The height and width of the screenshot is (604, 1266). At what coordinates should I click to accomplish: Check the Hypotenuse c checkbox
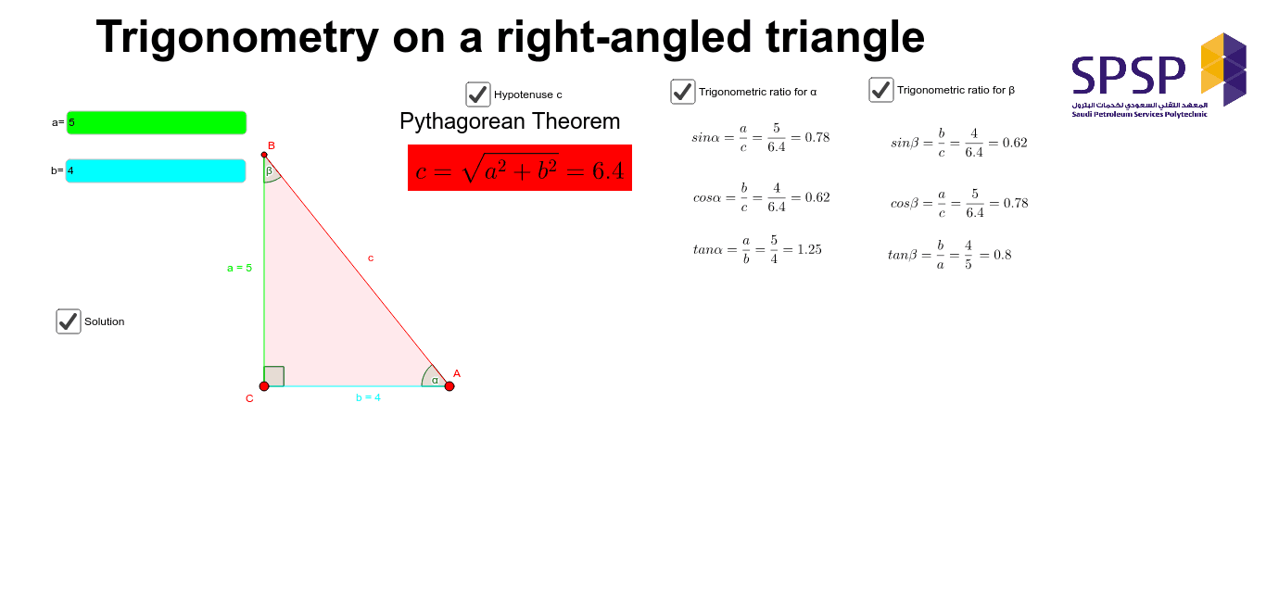click(x=478, y=94)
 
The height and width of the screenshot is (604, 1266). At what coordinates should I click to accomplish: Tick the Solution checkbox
click(x=69, y=321)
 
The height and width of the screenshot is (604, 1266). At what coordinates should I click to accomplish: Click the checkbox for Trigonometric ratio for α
click(x=683, y=92)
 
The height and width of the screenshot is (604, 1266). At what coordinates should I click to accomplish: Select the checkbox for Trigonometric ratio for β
click(x=881, y=90)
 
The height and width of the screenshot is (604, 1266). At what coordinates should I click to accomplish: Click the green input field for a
click(x=156, y=122)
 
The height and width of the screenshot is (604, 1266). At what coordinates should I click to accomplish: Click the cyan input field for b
click(x=156, y=170)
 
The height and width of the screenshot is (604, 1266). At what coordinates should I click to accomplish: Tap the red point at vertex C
click(x=264, y=386)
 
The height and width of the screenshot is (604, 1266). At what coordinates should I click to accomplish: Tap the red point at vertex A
click(x=449, y=386)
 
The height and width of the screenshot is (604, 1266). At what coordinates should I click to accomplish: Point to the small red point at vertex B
click(x=264, y=155)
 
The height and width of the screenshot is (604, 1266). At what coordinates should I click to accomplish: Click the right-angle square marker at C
click(x=274, y=376)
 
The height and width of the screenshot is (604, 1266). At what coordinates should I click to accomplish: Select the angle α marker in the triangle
click(x=433, y=378)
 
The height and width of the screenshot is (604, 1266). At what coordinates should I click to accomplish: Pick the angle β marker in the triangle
click(x=270, y=172)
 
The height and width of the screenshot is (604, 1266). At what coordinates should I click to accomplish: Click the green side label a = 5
click(x=239, y=268)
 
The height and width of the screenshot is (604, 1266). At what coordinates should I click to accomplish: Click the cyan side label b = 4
click(x=368, y=397)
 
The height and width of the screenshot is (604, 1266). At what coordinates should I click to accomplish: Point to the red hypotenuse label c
click(x=371, y=258)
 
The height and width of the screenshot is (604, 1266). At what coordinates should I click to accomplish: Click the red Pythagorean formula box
click(x=519, y=168)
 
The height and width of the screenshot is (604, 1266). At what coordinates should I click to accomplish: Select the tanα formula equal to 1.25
click(x=757, y=250)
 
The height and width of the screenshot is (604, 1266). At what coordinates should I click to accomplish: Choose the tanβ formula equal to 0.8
click(x=949, y=255)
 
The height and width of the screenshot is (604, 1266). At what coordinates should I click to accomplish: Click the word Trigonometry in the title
click(x=237, y=37)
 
